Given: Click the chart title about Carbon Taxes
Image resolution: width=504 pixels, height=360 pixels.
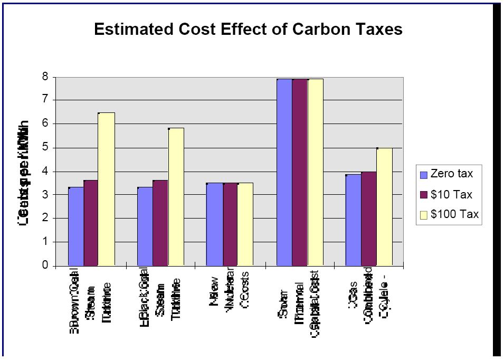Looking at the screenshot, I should tap(248, 29).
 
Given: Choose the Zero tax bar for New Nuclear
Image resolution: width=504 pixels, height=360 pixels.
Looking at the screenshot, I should tap(214, 224).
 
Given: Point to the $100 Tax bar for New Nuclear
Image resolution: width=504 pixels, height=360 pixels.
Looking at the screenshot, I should tap(245, 224).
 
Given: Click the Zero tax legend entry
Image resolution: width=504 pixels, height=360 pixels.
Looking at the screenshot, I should tap(446, 174).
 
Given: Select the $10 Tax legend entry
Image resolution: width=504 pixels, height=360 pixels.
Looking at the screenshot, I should tap(446, 194).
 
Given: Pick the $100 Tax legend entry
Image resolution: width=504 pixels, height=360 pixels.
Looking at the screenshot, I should tap(449, 214).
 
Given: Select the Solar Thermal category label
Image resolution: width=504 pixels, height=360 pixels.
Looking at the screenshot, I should tap(300, 303).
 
